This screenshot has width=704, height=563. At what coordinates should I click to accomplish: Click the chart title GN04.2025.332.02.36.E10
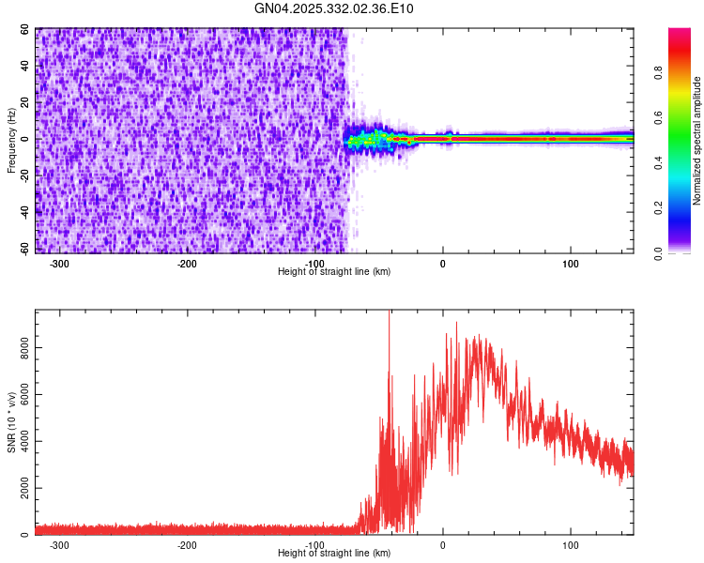334,8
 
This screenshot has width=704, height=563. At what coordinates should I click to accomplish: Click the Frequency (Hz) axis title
11,141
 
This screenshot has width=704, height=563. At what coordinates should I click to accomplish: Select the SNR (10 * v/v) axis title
11,422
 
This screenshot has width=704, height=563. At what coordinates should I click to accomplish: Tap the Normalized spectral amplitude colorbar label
697,141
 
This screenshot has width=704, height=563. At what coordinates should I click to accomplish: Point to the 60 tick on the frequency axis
24,30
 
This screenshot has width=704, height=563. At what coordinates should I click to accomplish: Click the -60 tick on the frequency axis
23,250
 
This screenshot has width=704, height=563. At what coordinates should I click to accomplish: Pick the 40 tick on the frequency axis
24,67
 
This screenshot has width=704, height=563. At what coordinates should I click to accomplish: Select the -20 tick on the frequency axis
23,176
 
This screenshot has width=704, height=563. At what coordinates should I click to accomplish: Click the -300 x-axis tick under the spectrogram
59,263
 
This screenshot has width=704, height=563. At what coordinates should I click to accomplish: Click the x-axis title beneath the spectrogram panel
334,271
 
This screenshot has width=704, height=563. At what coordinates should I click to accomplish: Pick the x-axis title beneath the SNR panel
334,553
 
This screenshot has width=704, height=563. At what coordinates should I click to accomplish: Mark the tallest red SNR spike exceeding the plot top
389,315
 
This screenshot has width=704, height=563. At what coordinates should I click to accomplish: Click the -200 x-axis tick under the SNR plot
187,544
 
